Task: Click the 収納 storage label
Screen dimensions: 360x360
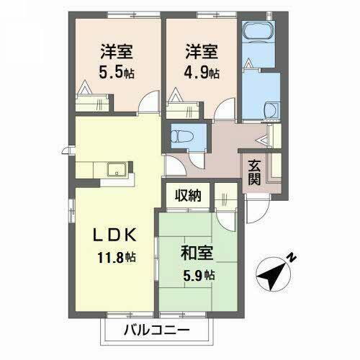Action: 185,195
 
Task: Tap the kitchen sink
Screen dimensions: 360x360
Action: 116,171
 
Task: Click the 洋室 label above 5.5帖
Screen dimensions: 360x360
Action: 114,52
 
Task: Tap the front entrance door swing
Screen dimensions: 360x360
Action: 256,210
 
